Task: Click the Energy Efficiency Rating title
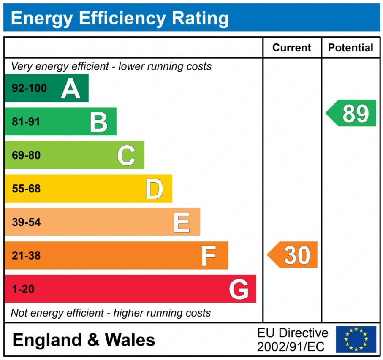pyautogui.click(x=120, y=19)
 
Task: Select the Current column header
pyautogui.click(x=291, y=48)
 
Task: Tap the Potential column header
pyautogui.click(x=350, y=48)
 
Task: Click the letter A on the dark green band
pyautogui.click(x=71, y=89)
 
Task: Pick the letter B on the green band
pyautogui.click(x=98, y=122)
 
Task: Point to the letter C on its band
pyautogui.click(x=126, y=156)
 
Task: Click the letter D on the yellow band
pyautogui.click(x=154, y=189)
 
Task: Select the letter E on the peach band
pyautogui.click(x=182, y=222)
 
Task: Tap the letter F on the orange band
pyautogui.click(x=208, y=256)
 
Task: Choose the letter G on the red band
pyautogui.click(x=239, y=290)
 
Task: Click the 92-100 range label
pyautogui.click(x=29, y=89)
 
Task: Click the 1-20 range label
pyautogui.click(x=23, y=290)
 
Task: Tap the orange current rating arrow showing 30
pyautogui.click(x=293, y=255)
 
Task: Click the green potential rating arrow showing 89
pyautogui.click(x=352, y=113)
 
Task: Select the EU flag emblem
pyautogui.click(x=356, y=339)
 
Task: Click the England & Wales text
pyautogui.click(x=84, y=340)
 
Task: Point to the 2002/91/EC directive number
pyautogui.click(x=291, y=347)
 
